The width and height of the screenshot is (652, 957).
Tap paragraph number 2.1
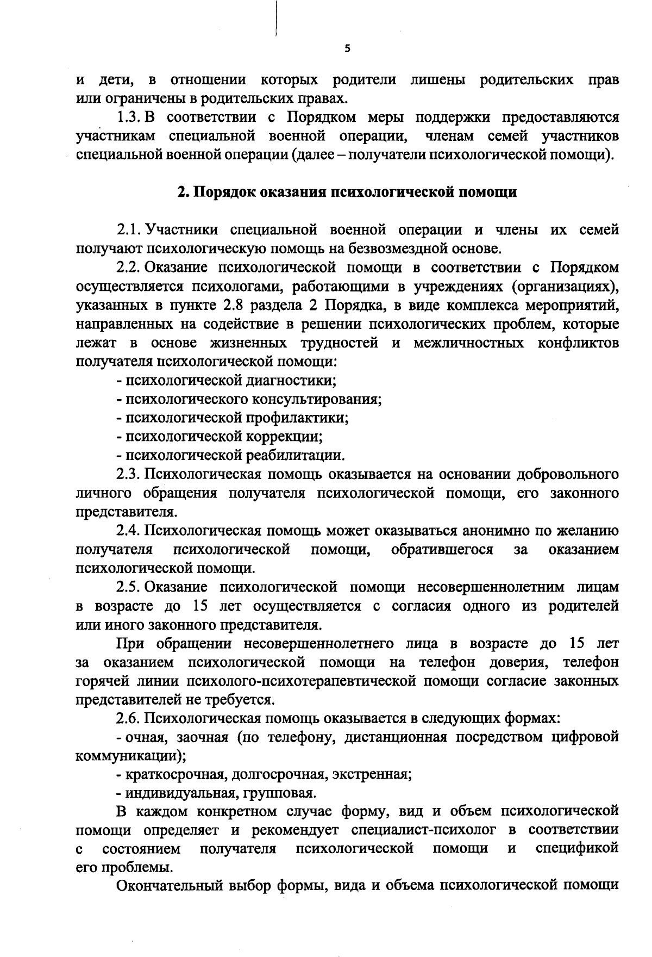coord(129,230)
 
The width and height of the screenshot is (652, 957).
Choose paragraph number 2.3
coord(129,474)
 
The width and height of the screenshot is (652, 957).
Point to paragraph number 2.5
coord(129,587)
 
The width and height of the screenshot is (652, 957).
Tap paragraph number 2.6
coord(129,718)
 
